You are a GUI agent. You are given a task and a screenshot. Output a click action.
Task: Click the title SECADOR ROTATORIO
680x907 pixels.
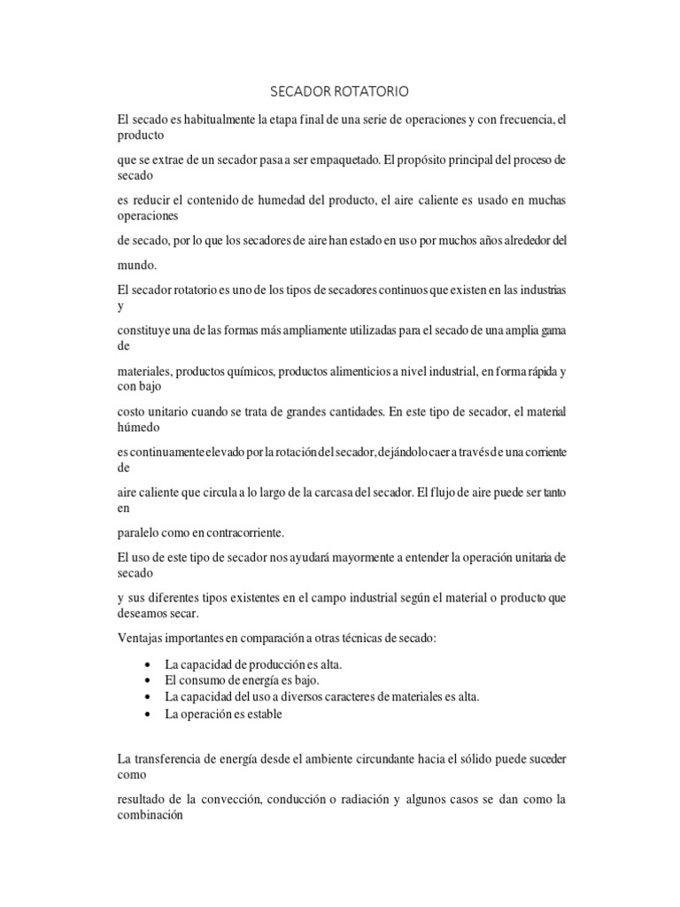click(340, 91)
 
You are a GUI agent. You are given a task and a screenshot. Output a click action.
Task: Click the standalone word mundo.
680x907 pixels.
click(136, 264)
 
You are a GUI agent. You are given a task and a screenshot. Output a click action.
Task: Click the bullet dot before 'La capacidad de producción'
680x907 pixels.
click(145, 665)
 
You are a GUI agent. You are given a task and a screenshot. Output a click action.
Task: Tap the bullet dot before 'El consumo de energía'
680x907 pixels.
click(145, 681)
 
